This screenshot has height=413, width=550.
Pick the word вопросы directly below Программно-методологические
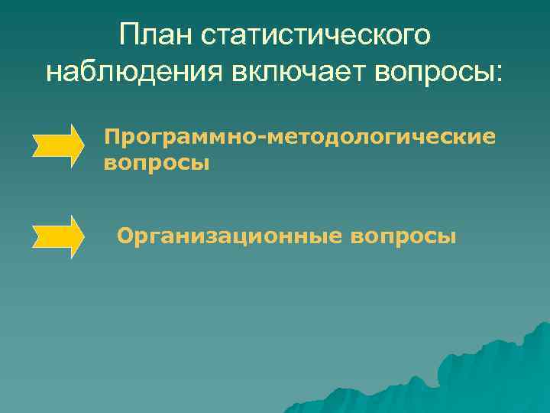pyautogui.click(x=156, y=162)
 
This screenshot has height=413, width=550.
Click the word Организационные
pyautogui.click(x=229, y=236)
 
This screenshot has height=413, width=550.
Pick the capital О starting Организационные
pyautogui.click(x=125, y=236)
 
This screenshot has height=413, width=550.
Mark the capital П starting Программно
pyautogui.click(x=113, y=138)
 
